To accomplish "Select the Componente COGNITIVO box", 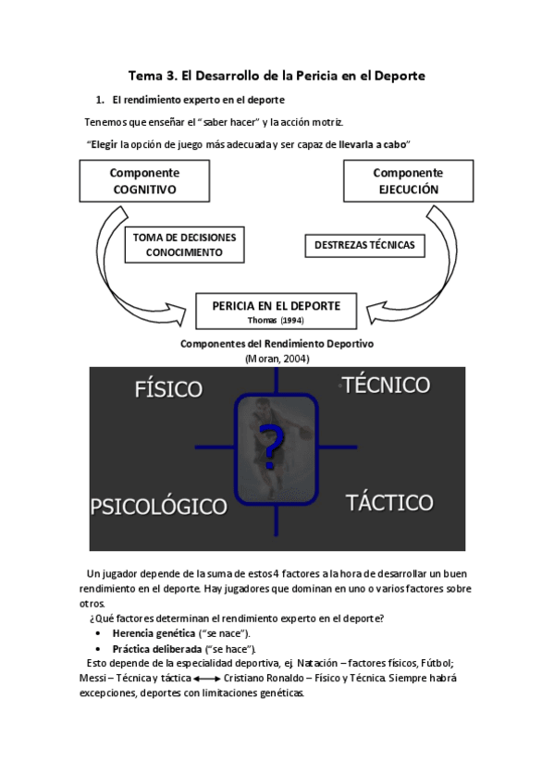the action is [x=144, y=181].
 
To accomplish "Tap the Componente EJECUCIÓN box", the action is [x=408, y=181].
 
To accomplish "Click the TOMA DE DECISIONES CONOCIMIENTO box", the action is [x=184, y=244].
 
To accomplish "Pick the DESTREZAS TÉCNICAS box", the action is [x=364, y=245].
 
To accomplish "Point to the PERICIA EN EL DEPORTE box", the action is [x=277, y=310].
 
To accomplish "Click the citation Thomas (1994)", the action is [x=277, y=320].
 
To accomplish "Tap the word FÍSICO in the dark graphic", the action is [x=167, y=387].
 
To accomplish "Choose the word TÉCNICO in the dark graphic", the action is [x=386, y=385].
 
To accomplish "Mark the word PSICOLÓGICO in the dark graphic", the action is [x=158, y=506].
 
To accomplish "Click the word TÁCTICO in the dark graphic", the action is [x=389, y=503].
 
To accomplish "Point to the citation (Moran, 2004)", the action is [x=277, y=358].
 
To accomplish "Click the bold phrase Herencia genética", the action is [x=152, y=633].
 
